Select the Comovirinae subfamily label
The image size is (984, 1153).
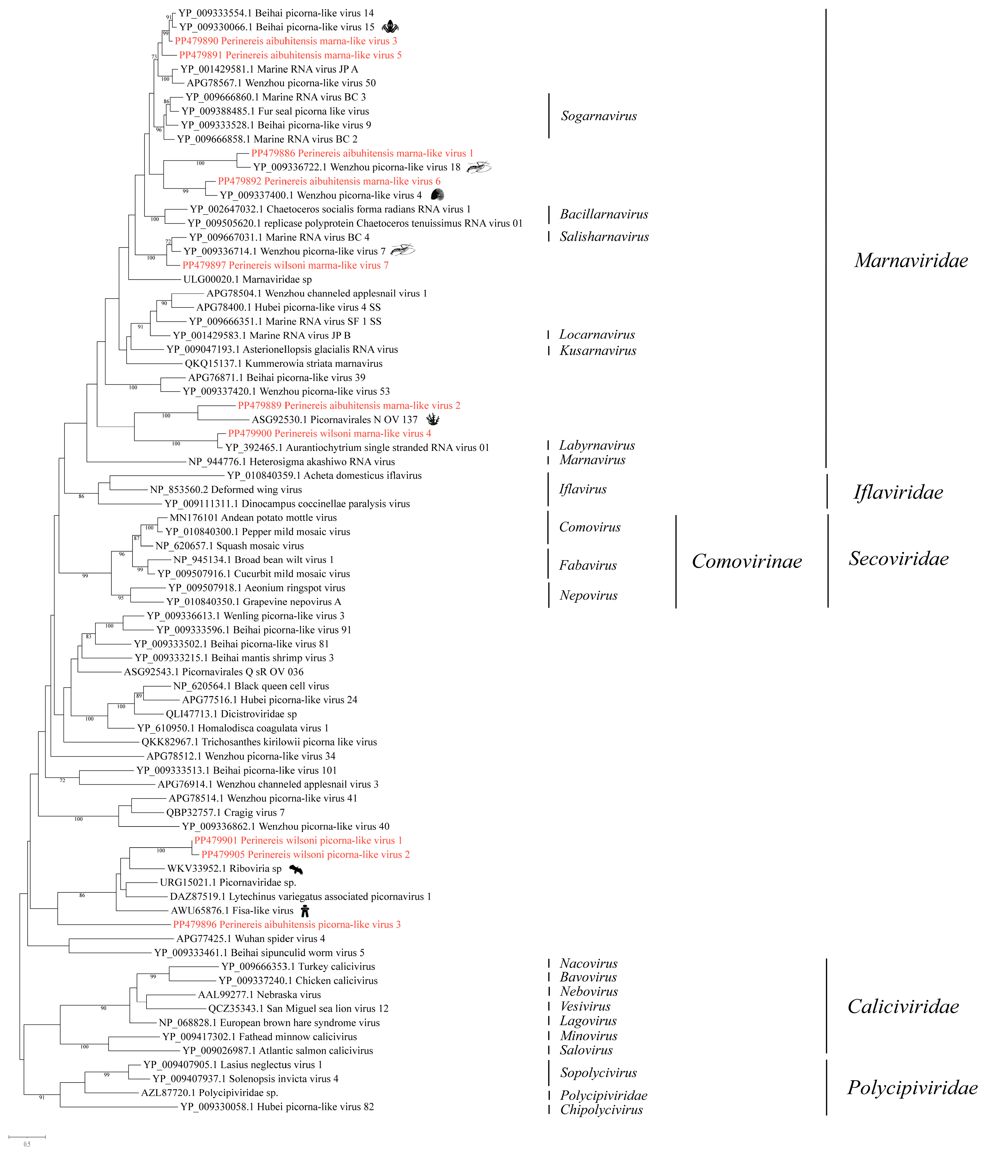coord(746,561)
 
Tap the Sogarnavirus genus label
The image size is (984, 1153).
coord(598,116)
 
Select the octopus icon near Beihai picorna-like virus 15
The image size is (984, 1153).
coord(390,26)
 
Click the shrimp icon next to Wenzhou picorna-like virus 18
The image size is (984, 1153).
coord(479,166)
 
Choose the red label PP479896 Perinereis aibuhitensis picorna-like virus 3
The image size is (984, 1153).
coord(286,924)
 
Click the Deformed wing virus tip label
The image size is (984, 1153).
coord(226,490)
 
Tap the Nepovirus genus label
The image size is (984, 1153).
coord(588,595)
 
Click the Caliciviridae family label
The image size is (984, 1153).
coord(903,1006)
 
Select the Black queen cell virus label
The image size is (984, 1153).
coord(251,686)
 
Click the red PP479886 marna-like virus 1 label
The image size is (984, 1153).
coord(362,153)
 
